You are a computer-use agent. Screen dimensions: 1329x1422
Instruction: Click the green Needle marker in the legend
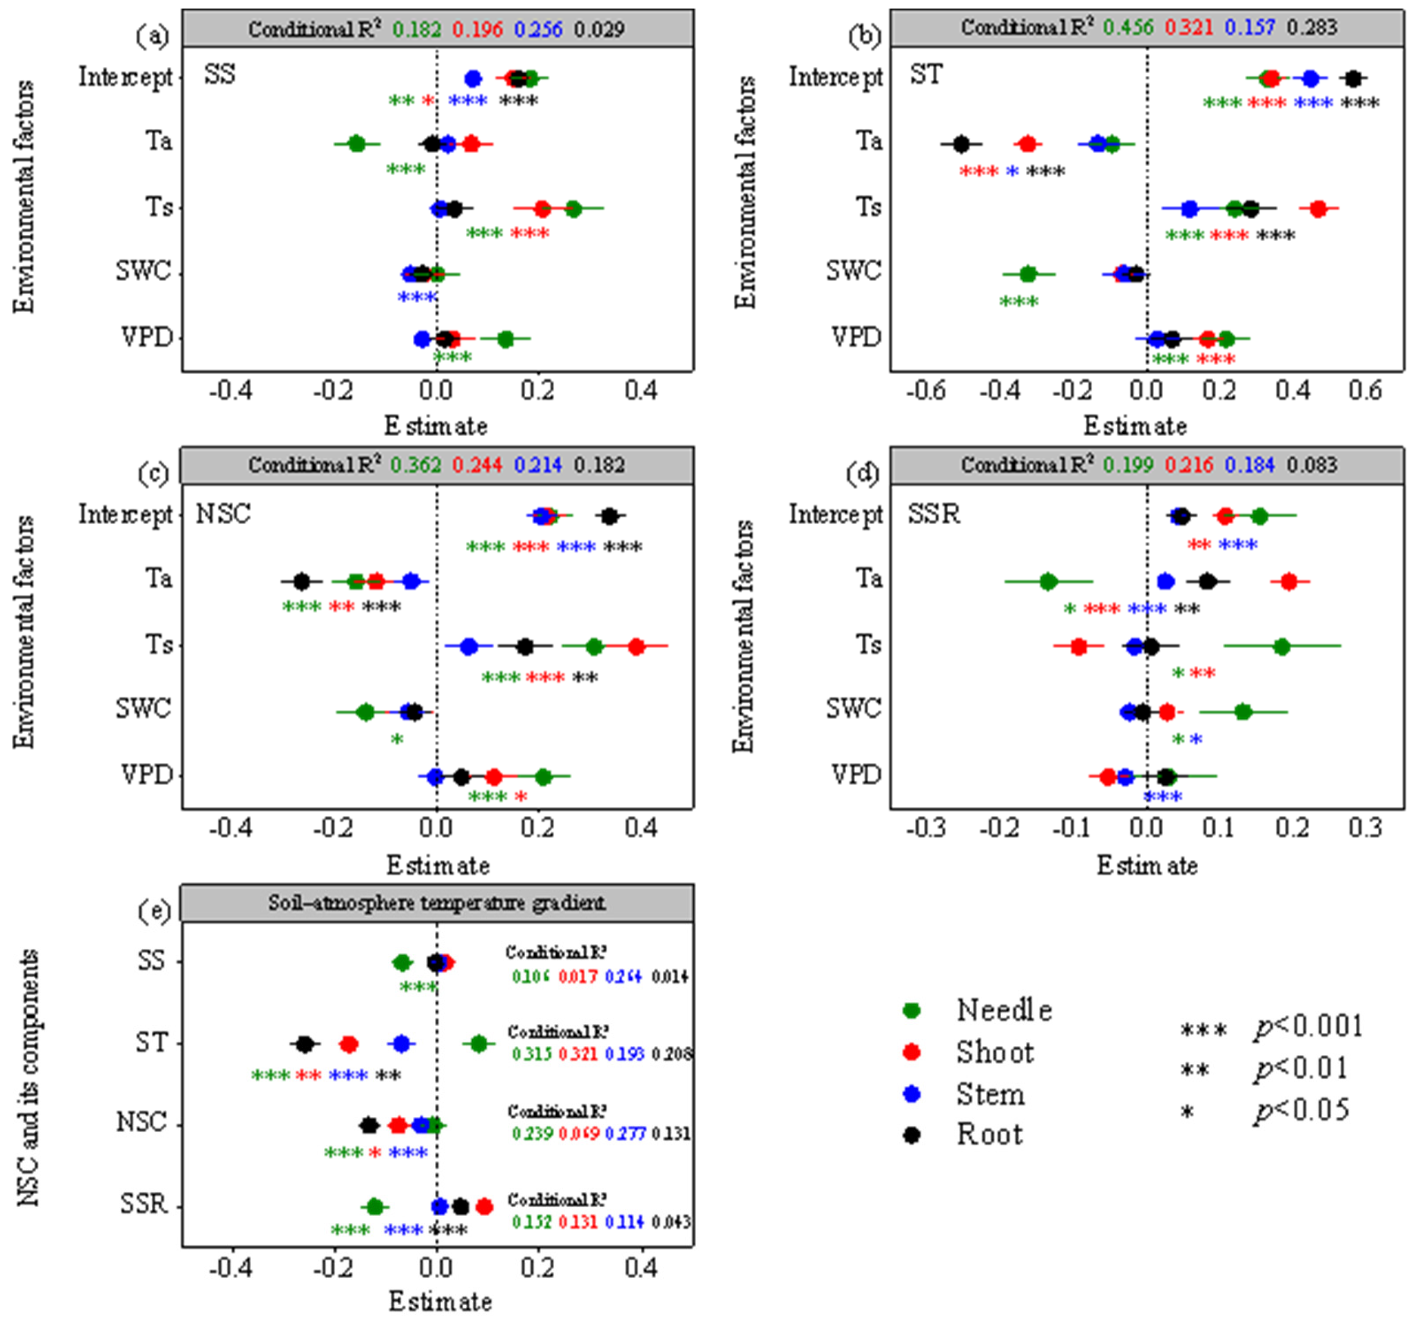(911, 1010)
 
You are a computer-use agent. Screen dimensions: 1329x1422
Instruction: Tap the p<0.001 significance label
(1308, 1026)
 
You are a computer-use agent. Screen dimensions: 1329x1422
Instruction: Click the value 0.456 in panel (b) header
(1128, 27)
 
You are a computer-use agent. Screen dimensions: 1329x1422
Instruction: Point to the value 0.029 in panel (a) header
(599, 29)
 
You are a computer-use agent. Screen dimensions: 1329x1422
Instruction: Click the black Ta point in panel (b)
(961, 144)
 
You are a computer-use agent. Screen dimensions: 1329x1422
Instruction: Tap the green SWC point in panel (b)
(1028, 274)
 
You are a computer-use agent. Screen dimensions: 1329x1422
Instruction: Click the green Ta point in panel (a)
(357, 144)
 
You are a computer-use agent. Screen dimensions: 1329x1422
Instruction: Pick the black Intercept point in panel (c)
(609, 516)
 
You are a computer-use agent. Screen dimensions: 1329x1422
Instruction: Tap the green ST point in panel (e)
(479, 1044)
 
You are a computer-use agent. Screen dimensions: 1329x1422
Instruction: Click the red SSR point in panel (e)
(484, 1207)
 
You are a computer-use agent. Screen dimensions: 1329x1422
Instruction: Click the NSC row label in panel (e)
(141, 1122)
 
